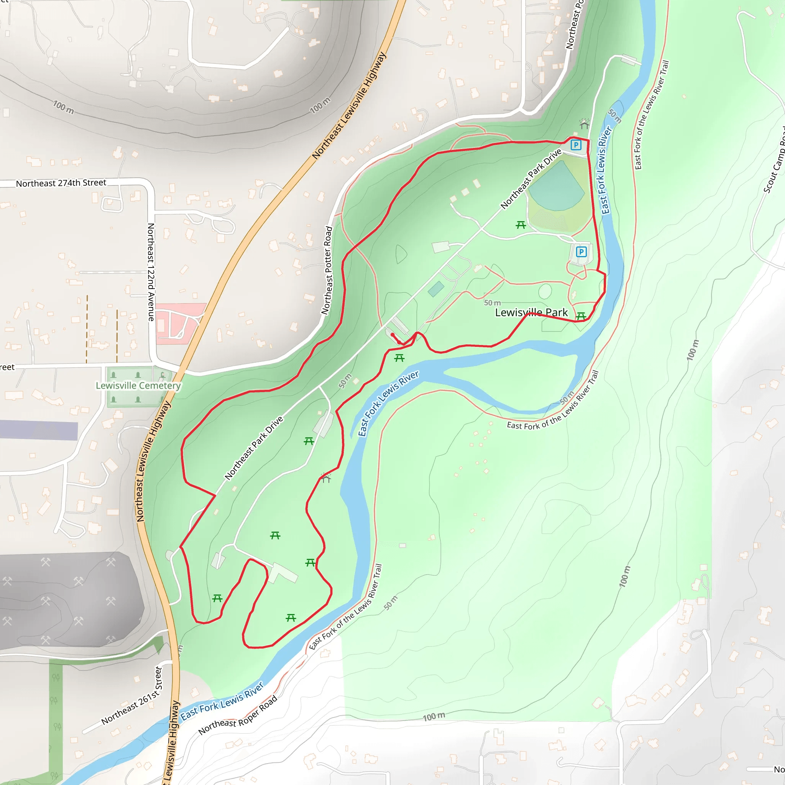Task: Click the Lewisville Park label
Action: tap(531, 312)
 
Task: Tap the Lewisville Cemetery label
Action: tap(138, 385)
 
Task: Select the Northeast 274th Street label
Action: tap(61, 183)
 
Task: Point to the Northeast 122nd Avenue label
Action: tap(151, 272)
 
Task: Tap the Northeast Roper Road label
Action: tap(238, 715)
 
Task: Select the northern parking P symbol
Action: tap(576, 145)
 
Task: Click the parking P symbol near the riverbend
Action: tap(581, 252)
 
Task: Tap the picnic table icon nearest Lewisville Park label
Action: tap(581, 316)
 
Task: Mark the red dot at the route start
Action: tap(392, 334)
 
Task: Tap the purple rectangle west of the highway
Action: tap(39, 430)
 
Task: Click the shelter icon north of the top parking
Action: tap(584, 124)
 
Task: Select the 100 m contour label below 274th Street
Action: tap(64, 107)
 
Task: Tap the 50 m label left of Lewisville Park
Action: tap(492, 303)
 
